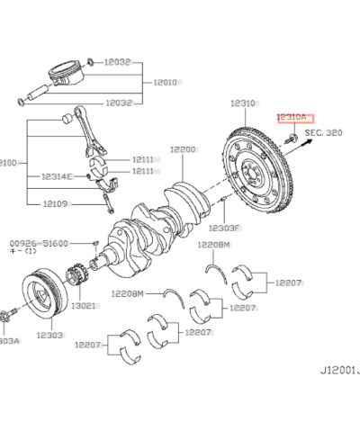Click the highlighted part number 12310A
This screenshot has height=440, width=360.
tap(290, 117)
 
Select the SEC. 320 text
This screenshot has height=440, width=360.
tap(325, 131)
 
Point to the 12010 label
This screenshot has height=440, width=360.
tap(165, 82)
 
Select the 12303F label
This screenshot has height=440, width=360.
tap(225, 229)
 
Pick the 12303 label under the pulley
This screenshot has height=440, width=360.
tap(49, 335)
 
